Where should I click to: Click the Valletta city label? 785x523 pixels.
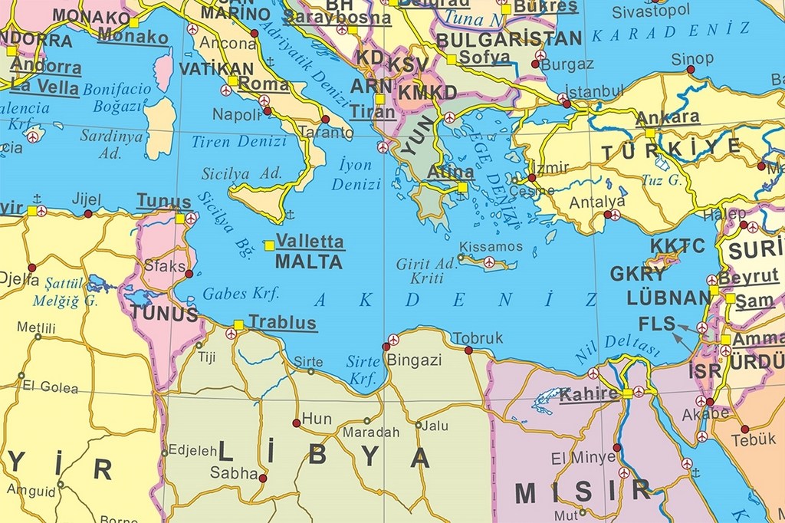[310, 241]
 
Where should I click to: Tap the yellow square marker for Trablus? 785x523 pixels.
[238, 324]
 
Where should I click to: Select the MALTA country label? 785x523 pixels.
[308, 261]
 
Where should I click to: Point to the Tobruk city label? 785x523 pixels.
[478, 337]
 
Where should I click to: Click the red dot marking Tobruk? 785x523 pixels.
[468, 350]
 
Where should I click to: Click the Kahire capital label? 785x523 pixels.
[589, 394]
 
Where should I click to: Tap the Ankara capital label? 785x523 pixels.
[668, 117]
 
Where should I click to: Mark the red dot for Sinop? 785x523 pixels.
[690, 70]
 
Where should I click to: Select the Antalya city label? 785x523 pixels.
[596, 202]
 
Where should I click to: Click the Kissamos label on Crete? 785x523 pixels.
[491, 247]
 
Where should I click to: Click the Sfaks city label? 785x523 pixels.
[165, 265]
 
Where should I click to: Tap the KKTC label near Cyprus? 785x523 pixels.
[677, 245]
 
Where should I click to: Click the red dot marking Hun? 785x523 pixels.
[296, 423]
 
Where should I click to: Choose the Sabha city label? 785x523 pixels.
[234, 473]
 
